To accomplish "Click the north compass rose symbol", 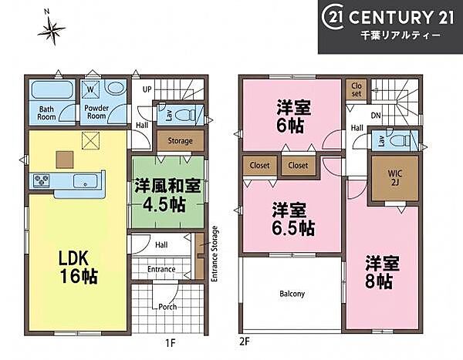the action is pos(52,29).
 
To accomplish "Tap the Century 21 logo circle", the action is pos(333,18).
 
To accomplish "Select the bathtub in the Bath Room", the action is pos(53,89).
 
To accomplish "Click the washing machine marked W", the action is pos(90,89).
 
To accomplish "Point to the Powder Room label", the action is pos(96,112).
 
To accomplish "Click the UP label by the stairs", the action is pos(147,89).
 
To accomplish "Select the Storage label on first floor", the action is pos(180,141).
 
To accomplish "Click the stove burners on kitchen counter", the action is pos(41,180).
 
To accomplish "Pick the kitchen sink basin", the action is pos(85,180).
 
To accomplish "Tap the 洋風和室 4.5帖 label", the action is pos(167,195).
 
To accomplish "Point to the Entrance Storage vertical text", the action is pos(215,254).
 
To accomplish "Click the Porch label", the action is pos(167,307).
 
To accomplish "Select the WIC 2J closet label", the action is pos(395,178).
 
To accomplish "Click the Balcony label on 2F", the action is pos(292,294).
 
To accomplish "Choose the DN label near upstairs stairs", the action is pos(376,116).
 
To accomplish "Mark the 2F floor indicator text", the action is pos(244,341).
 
